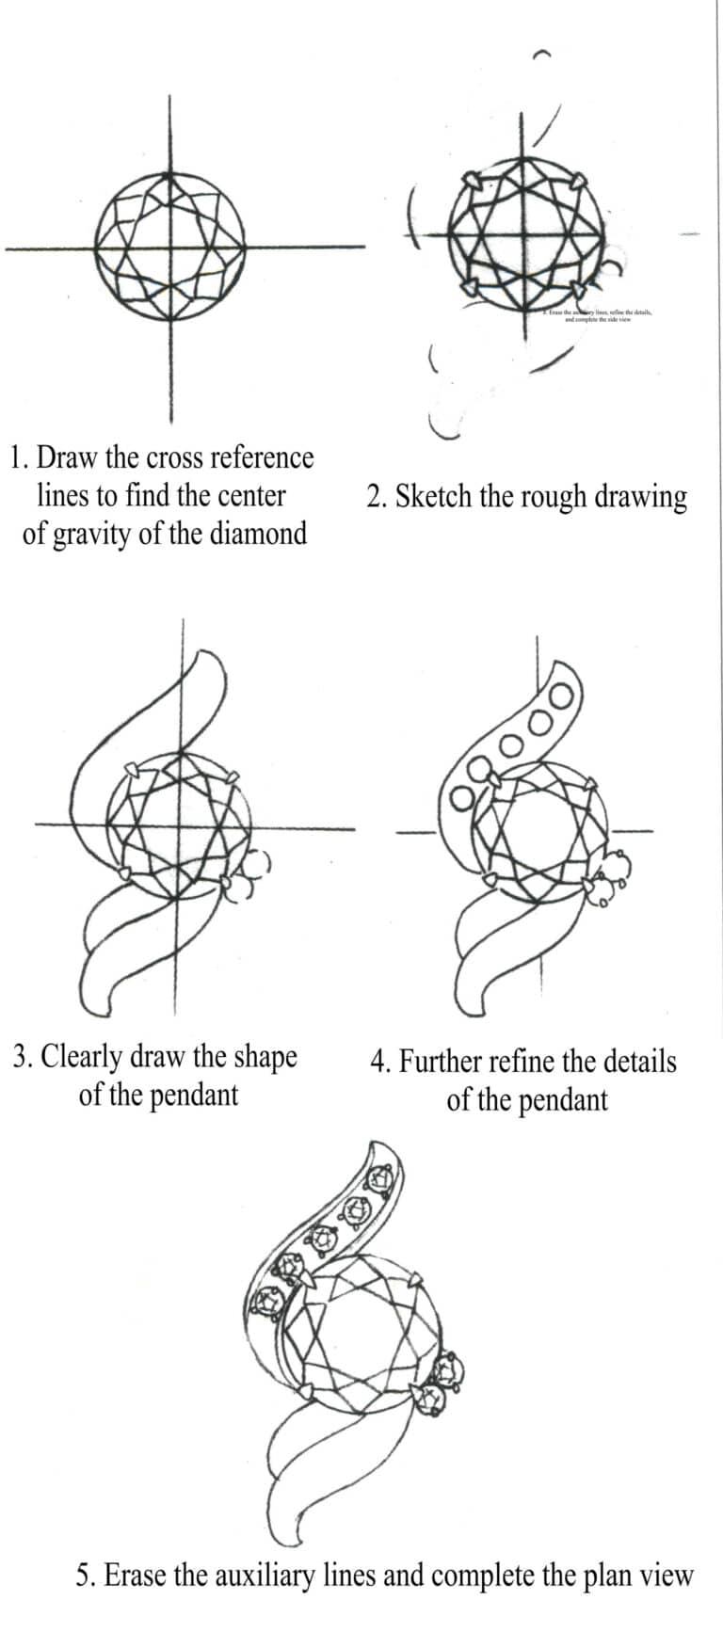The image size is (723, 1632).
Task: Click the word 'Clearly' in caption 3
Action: tap(82, 1056)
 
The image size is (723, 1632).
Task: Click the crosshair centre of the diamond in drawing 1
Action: tap(170, 248)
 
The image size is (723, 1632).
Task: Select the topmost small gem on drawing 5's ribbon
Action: tap(381, 1178)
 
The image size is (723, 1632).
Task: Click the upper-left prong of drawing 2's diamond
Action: tap(471, 178)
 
